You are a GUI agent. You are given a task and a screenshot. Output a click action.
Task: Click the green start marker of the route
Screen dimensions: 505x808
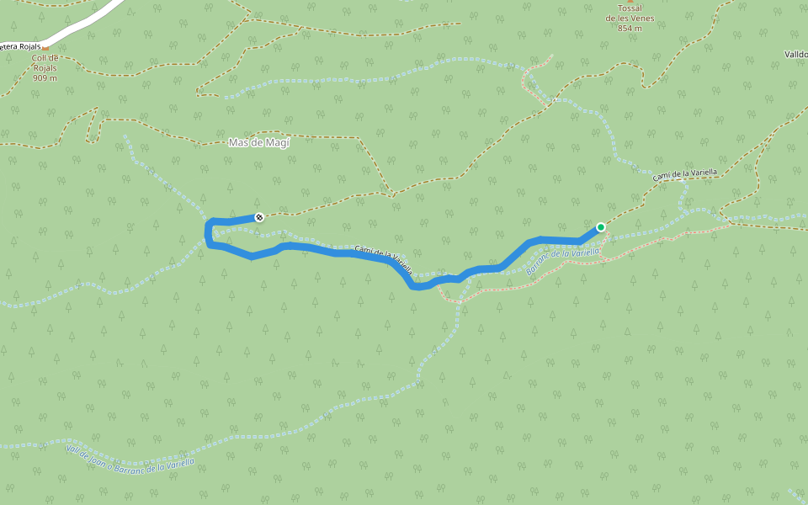tap(601, 227)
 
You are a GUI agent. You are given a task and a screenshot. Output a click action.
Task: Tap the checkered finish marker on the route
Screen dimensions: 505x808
tap(259, 217)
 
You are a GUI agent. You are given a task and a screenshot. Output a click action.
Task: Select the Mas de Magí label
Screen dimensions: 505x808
tap(258, 143)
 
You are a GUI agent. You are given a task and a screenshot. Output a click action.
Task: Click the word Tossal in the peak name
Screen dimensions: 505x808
tap(624, 8)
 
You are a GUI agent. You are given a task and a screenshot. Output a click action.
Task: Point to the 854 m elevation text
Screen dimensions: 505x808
tap(630, 29)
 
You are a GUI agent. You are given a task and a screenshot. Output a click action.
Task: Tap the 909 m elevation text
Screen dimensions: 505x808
tap(45, 78)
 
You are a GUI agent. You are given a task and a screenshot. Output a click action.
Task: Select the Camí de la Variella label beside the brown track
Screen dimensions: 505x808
tap(685, 174)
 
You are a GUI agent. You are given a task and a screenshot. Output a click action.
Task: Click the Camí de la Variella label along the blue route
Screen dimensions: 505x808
tap(384, 260)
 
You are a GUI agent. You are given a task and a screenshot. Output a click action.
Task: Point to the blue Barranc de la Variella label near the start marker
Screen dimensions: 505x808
tap(563, 260)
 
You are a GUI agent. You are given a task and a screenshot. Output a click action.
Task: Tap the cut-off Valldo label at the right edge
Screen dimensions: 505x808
tap(795, 55)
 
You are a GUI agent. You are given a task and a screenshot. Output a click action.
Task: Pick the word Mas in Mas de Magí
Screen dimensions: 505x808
tap(237, 143)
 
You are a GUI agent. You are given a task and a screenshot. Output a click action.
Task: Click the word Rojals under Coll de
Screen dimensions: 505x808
tap(45, 68)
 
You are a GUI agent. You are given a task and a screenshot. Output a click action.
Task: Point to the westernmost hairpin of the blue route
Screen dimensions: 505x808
tap(207, 232)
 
